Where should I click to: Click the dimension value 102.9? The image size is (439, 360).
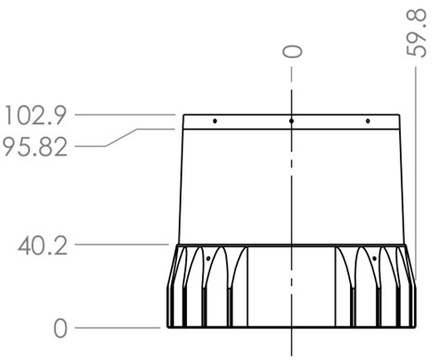point(35,116)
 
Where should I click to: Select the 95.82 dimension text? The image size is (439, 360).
point(35,147)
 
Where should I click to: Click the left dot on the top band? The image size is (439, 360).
point(215,121)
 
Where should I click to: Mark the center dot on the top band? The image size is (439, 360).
point(291,121)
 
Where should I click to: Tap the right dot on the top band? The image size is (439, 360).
point(368,121)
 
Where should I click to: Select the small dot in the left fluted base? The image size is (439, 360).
point(209,258)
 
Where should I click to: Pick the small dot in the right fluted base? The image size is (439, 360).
point(373,258)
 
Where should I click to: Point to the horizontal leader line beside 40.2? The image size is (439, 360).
point(120,244)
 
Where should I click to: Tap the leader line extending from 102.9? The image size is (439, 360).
point(125,115)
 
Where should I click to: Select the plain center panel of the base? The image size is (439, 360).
point(291,287)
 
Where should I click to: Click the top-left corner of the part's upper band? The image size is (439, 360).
point(183,116)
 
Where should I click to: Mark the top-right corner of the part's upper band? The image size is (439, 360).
point(399,116)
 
